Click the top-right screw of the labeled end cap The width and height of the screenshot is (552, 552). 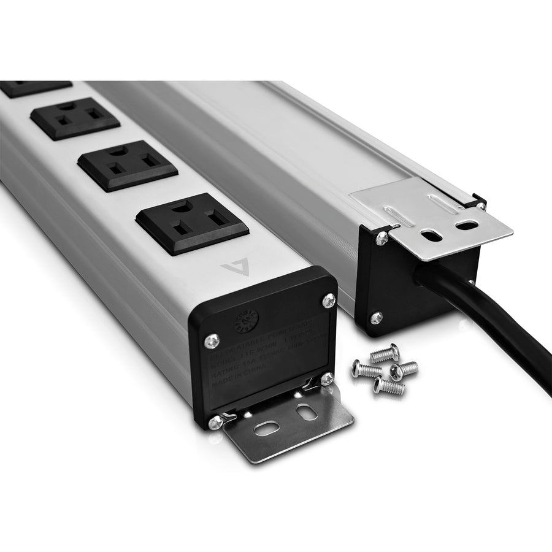(328, 301)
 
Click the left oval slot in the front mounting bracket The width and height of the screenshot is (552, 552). (267, 428)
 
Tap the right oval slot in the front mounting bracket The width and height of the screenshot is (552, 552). (306, 413)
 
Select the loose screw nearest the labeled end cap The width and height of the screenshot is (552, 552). (367, 369)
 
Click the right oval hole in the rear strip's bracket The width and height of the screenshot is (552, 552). (467, 225)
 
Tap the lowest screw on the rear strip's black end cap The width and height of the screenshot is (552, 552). (376, 318)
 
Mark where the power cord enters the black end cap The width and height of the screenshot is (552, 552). (429, 273)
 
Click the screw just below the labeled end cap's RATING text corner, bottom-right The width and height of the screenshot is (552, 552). (328, 378)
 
